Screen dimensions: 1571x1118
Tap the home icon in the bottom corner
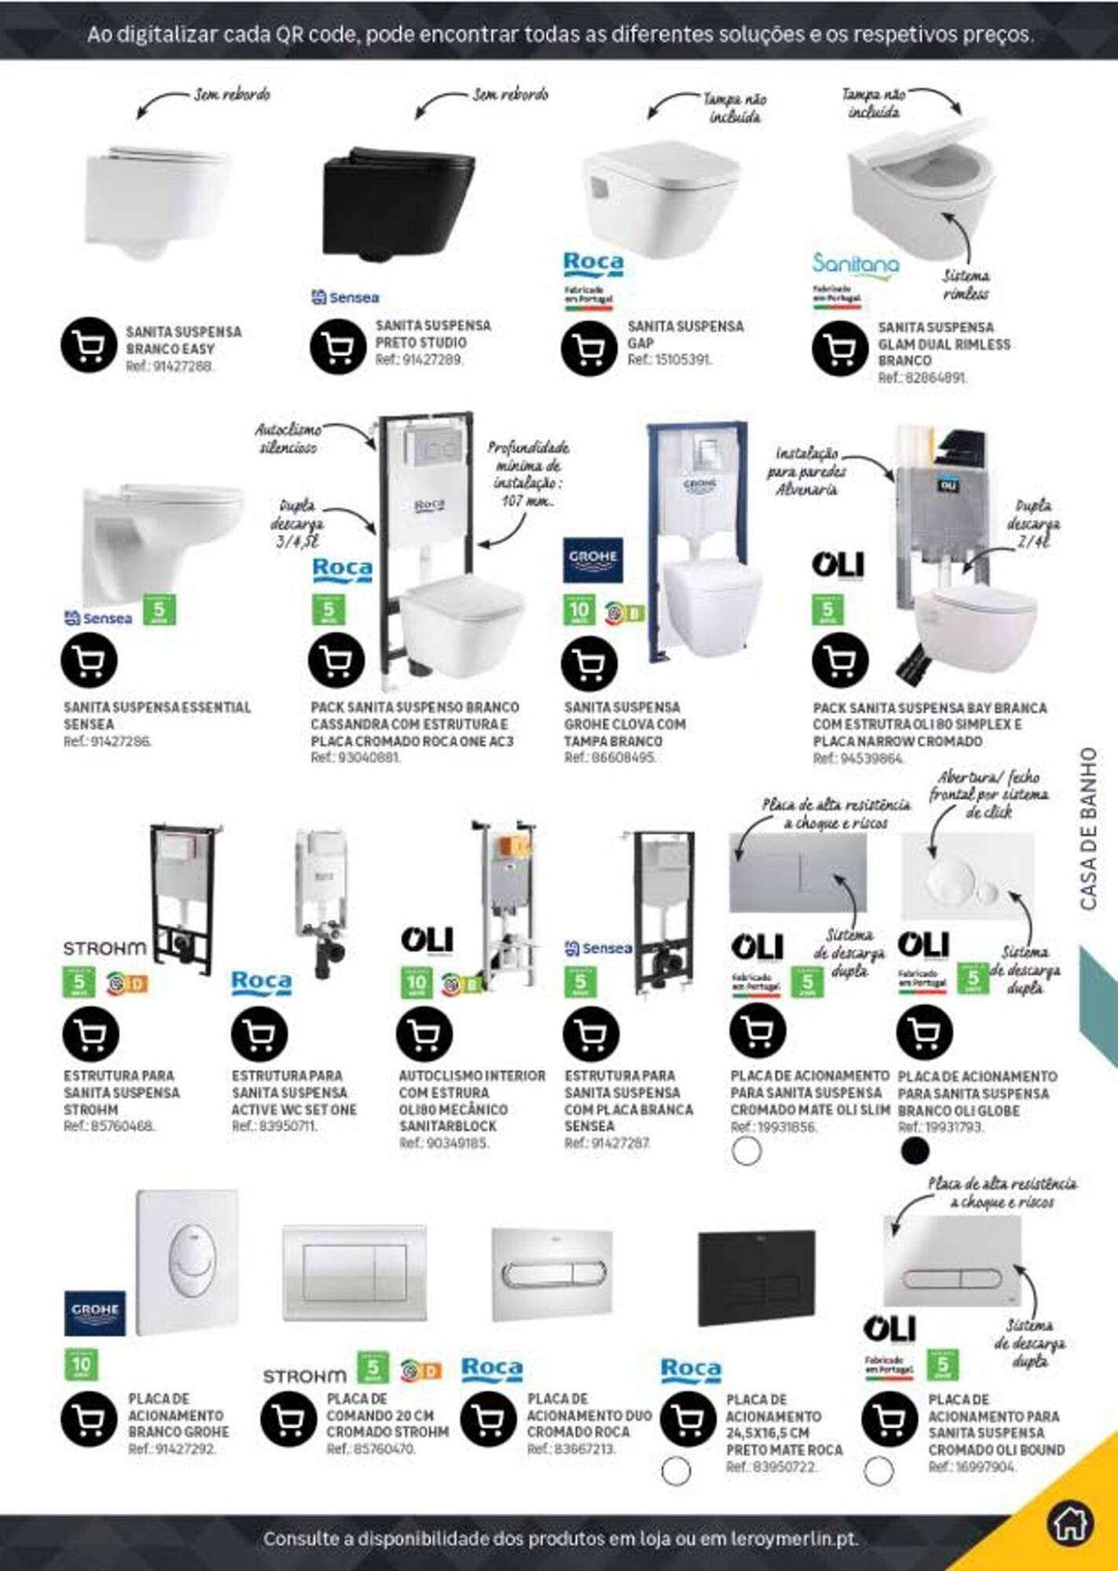click(x=1069, y=1522)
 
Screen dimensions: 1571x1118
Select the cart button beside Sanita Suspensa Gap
click(x=588, y=347)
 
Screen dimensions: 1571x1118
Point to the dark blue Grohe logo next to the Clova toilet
click(x=593, y=559)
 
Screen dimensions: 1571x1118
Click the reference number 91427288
click(x=170, y=366)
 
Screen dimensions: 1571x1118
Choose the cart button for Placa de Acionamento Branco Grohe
click(x=89, y=1419)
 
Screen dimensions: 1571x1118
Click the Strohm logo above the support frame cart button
click(x=104, y=948)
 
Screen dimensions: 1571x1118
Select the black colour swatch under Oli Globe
click(x=915, y=1151)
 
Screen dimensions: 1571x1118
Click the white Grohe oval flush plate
click(x=187, y=1262)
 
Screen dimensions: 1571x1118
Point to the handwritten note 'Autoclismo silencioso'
click(x=288, y=438)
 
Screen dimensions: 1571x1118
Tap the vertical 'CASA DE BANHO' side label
click(x=1088, y=829)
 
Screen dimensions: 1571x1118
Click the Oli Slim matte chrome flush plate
click(x=797, y=871)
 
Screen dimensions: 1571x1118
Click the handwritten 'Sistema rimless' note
click(x=966, y=284)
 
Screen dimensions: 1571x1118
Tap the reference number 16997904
click(x=972, y=1467)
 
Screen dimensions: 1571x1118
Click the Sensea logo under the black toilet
click(x=345, y=297)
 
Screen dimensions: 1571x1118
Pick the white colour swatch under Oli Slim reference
click(x=746, y=1151)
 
